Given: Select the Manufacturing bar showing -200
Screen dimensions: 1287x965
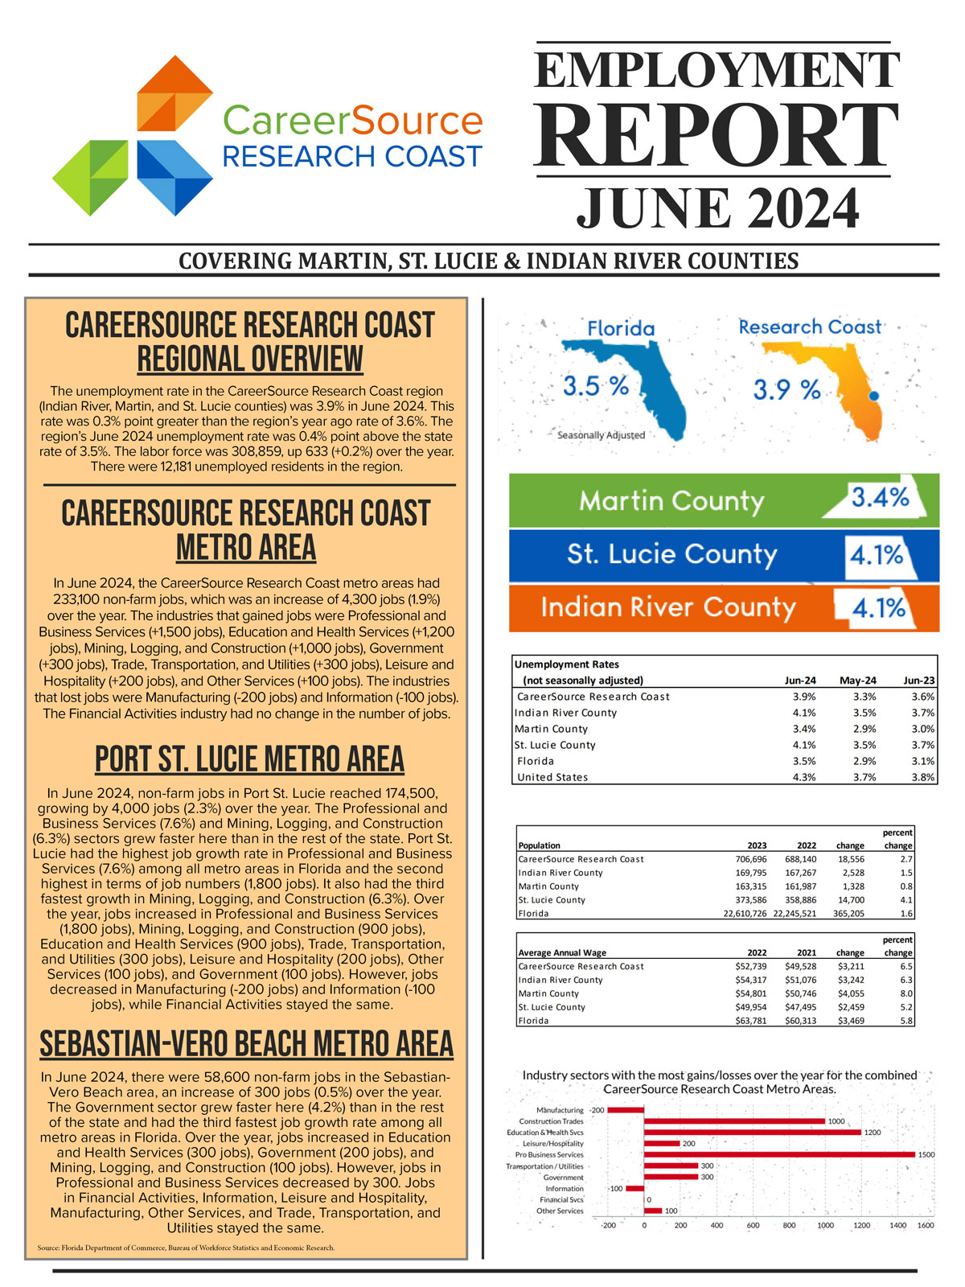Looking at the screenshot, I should [x=626, y=1110].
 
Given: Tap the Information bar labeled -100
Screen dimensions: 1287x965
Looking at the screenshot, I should [x=634, y=1188].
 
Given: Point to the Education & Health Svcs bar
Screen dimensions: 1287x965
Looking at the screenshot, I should [x=752, y=1132].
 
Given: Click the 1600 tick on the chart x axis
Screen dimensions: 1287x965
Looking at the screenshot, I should [x=926, y=1225].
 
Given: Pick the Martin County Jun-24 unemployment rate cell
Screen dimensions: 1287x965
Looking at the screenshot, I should [x=803, y=729].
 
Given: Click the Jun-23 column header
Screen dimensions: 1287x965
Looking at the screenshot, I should [x=918, y=681].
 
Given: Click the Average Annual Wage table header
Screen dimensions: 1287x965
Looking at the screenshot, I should [x=562, y=953].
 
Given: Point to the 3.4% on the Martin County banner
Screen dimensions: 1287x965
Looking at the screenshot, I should [x=880, y=498].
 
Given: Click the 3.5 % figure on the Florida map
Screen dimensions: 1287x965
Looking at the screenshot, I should [x=595, y=386].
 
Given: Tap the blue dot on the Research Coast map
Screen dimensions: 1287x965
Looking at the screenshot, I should [x=874, y=397].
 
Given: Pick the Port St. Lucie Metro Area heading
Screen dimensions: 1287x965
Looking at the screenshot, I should [x=249, y=759].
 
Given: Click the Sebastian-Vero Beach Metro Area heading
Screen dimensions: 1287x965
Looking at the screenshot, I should [x=246, y=1044].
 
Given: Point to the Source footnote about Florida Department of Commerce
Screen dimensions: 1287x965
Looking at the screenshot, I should [x=186, y=1248].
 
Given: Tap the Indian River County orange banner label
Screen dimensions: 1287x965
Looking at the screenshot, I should [x=667, y=607].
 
